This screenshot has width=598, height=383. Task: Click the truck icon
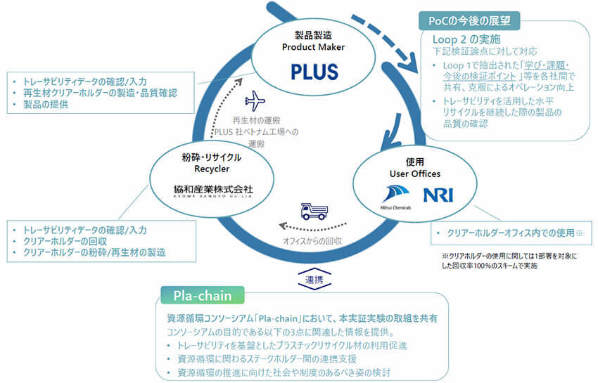point(314,210)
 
